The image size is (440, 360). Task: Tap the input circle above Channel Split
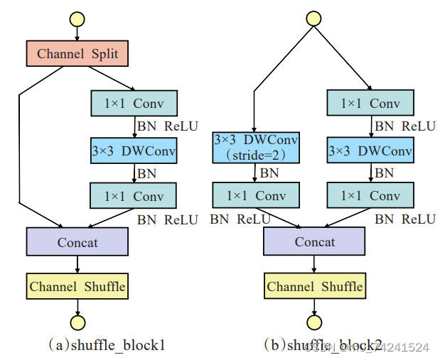(x=77, y=18)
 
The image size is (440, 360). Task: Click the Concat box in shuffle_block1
(x=77, y=242)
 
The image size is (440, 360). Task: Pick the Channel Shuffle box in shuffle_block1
(x=77, y=286)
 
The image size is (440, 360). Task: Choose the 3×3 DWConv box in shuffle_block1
(x=134, y=151)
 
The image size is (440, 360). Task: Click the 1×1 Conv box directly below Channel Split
(x=134, y=104)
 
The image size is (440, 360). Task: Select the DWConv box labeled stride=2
(x=257, y=147)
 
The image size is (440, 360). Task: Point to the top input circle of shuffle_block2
(x=313, y=18)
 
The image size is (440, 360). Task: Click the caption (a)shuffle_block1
(x=107, y=345)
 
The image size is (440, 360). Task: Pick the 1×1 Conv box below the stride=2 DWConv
(x=256, y=195)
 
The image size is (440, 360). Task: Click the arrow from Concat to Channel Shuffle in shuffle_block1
(x=77, y=264)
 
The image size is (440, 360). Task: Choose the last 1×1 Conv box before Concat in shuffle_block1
(x=134, y=195)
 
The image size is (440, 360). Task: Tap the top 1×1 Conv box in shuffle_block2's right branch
(x=370, y=104)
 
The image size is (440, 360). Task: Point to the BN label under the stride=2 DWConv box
(x=269, y=172)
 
